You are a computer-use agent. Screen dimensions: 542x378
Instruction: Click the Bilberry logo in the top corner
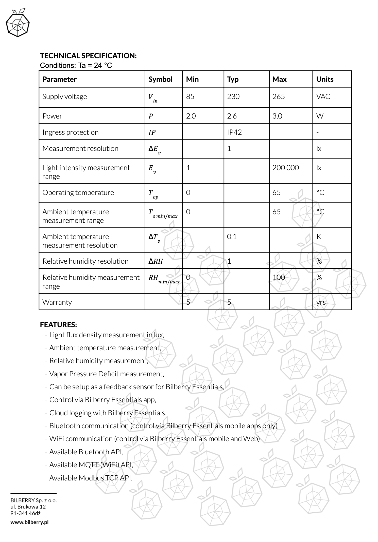pos(18,23)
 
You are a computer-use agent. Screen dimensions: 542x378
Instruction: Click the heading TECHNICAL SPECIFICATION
pos(88,56)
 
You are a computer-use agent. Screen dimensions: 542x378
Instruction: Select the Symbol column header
pos(160,79)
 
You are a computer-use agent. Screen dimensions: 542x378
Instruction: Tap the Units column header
pos(325,79)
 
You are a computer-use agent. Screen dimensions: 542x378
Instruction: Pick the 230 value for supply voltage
pos(233,96)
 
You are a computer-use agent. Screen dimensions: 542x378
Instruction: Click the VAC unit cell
pos(323,96)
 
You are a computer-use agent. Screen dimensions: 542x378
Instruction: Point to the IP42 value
pos(234,132)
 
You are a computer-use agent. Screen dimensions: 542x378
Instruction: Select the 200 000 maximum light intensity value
pos(285,168)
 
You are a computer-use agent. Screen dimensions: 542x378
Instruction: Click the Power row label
pos(52,116)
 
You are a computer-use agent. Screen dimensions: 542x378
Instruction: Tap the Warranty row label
pos(57,302)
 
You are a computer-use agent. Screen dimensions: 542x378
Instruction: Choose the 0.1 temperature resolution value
pos(232,237)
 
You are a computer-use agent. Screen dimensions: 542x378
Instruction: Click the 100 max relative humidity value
pos(279,277)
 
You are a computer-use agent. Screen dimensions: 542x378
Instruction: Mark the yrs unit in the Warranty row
pos(321,302)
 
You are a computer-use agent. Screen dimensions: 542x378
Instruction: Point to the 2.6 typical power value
pos(232,116)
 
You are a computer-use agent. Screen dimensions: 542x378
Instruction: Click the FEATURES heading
pos(58,325)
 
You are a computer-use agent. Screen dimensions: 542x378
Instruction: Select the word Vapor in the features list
pos(58,374)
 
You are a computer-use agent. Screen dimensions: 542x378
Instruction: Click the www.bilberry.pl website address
pos(29,522)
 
